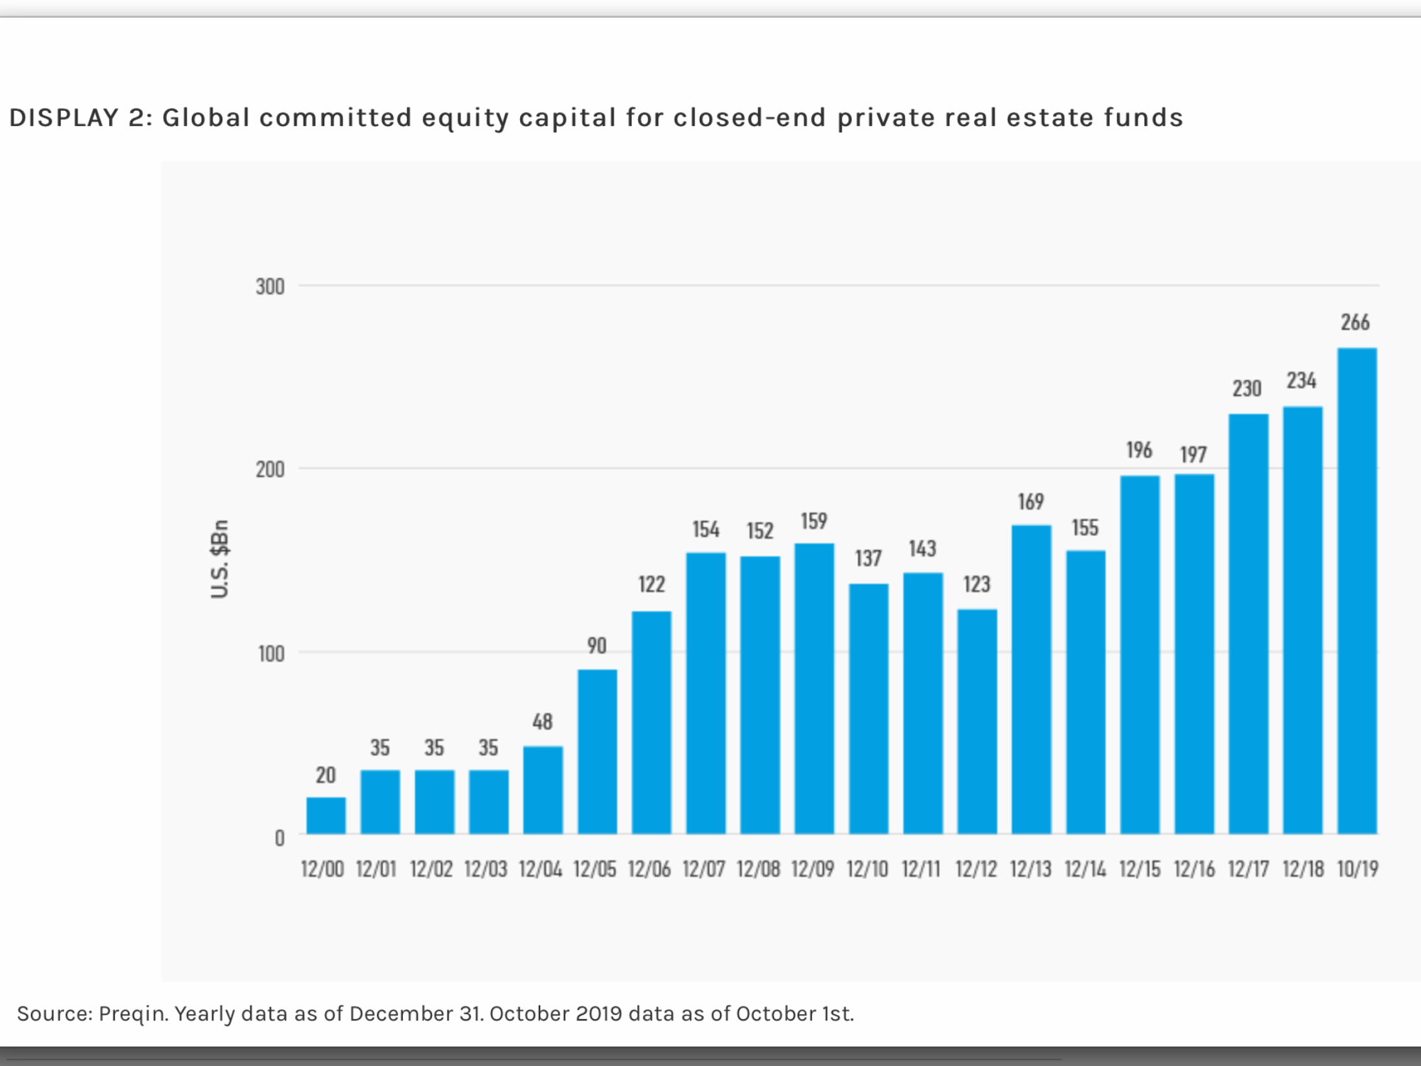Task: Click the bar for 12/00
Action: point(326,815)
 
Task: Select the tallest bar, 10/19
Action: point(1357,591)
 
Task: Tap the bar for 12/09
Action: point(814,688)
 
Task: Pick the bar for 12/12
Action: point(977,721)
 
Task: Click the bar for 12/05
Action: point(597,751)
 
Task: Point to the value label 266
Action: point(1355,323)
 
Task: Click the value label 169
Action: point(1031,502)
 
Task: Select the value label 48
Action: point(542,722)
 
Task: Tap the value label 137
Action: point(868,559)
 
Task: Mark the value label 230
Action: point(1247,389)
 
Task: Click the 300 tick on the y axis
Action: point(270,286)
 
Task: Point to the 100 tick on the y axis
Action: point(271,653)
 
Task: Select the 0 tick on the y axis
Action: point(279,838)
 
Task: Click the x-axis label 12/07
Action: point(703,869)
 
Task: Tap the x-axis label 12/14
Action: point(1085,869)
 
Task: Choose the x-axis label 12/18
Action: point(1303,869)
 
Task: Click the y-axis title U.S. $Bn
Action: point(220,559)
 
